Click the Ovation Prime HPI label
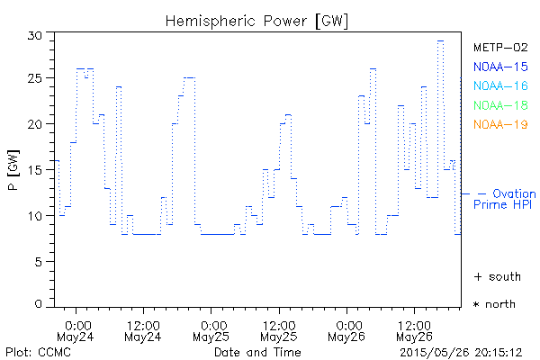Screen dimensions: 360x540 505,199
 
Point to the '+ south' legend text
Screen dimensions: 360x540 494,275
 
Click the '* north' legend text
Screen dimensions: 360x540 494,304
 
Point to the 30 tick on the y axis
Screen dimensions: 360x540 36,34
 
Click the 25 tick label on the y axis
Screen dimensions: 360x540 36,79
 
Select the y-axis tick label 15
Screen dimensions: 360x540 36,170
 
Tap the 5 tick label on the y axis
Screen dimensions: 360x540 40,261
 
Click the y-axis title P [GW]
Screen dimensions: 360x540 13,170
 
